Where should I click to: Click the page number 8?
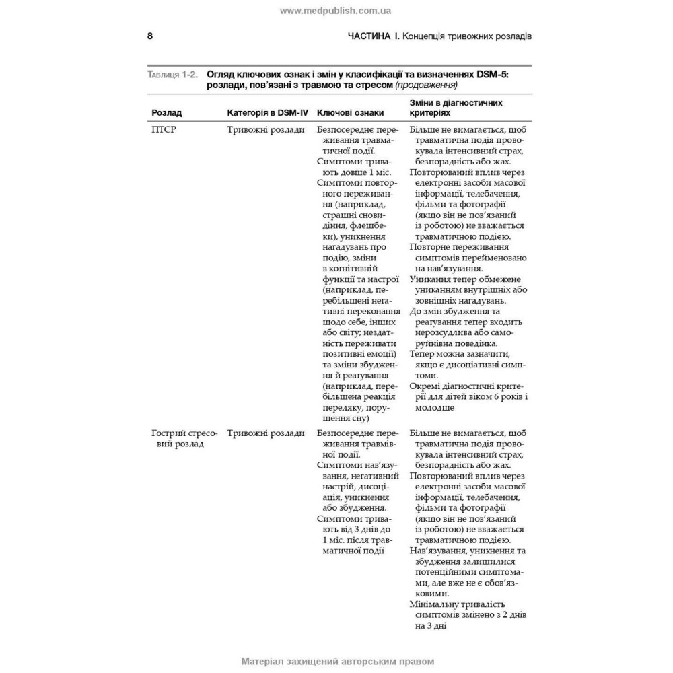click(x=150, y=36)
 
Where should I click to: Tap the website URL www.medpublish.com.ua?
click(x=335, y=11)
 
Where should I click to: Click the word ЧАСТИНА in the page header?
click(x=369, y=36)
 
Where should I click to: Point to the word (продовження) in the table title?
click(x=426, y=85)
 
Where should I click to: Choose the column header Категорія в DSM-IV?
click(x=267, y=113)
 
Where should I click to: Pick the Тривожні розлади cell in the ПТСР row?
click(x=266, y=130)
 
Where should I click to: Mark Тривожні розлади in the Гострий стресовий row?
click(x=266, y=433)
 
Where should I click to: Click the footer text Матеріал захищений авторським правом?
click(x=337, y=662)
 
